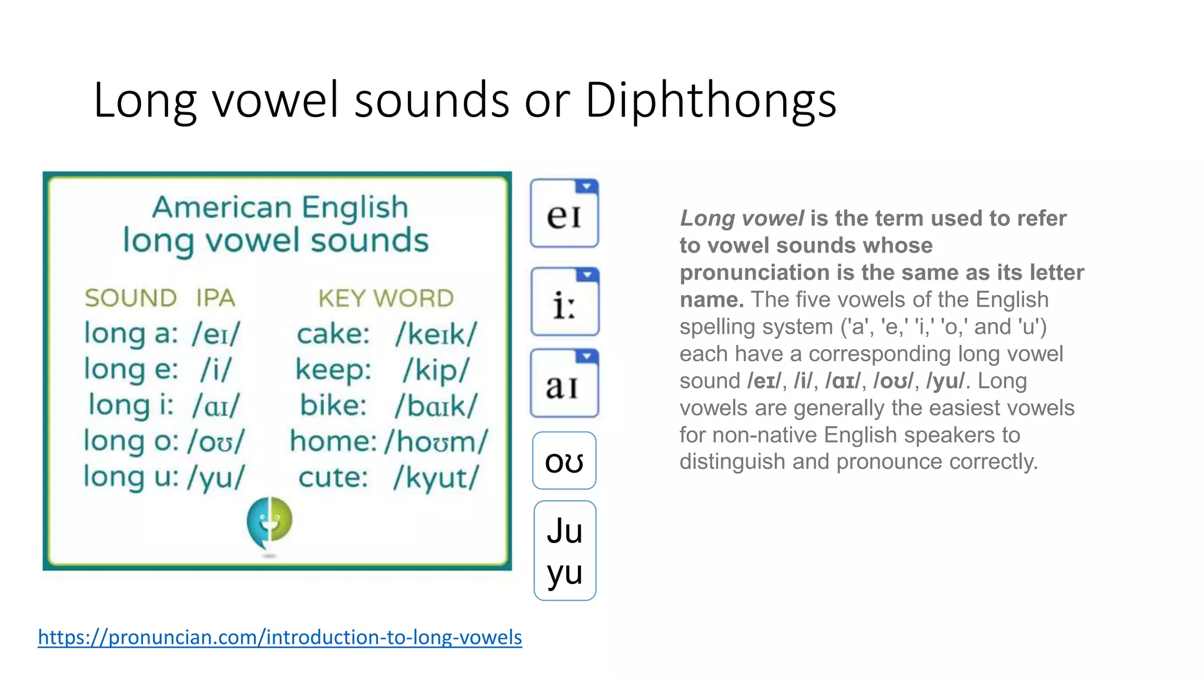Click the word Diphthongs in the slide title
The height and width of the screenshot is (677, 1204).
click(710, 100)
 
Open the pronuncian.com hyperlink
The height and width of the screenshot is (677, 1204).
click(280, 637)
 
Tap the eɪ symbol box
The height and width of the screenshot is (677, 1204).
click(564, 214)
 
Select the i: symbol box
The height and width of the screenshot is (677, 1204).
click(564, 302)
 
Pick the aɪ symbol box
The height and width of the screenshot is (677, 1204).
click(564, 384)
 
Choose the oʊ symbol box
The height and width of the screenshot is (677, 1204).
click(564, 461)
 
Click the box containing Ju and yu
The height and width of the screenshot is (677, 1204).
click(564, 551)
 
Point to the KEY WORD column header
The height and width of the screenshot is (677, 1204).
click(386, 299)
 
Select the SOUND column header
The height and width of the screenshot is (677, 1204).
click(131, 299)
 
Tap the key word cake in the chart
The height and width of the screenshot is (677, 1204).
click(333, 334)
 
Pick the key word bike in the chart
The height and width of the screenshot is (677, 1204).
click(333, 406)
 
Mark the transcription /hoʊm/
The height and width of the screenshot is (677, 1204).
click(436, 442)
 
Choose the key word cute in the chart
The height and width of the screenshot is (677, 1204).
click(333, 478)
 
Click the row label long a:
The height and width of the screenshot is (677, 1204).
click(131, 334)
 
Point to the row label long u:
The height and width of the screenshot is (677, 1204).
click(131, 477)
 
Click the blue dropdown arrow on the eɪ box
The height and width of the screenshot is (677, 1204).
click(586, 187)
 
